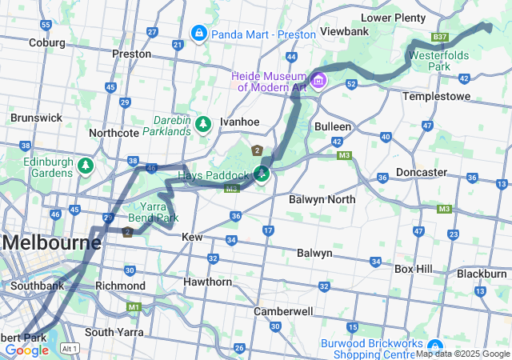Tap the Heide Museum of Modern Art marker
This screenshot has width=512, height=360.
click(x=319, y=80)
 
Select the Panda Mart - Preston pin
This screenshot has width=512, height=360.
click(x=198, y=34)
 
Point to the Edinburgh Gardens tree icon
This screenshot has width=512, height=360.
click(x=85, y=166)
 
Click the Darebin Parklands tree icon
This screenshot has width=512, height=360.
click(x=203, y=124)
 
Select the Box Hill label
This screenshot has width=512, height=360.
click(x=414, y=269)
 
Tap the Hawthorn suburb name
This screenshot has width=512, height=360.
click(x=207, y=282)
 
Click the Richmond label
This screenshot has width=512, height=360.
click(x=120, y=286)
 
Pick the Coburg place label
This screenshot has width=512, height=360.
click(x=46, y=42)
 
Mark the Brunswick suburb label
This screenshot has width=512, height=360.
click(x=36, y=118)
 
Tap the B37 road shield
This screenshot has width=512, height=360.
click(x=439, y=37)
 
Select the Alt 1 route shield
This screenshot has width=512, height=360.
click(x=70, y=348)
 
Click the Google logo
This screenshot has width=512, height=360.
click(x=26, y=350)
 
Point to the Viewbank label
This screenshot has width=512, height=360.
click(x=343, y=31)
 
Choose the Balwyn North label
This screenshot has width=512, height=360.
click(x=322, y=198)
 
